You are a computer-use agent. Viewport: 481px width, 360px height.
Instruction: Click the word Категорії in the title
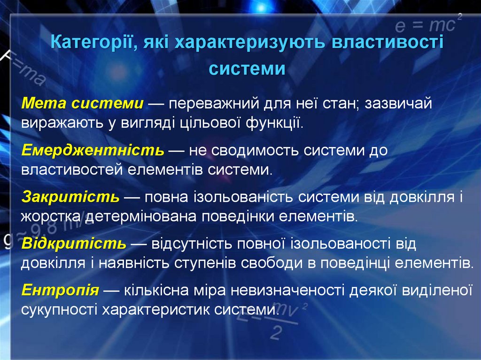[91, 44]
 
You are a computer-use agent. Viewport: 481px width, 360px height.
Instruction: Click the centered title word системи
[247, 69]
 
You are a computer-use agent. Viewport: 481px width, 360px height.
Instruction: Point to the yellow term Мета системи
[82, 104]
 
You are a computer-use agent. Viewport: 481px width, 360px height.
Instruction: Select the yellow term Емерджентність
[93, 150]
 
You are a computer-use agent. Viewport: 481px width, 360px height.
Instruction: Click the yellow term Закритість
[70, 197]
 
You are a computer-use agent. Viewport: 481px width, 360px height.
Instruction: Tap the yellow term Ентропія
[60, 290]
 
